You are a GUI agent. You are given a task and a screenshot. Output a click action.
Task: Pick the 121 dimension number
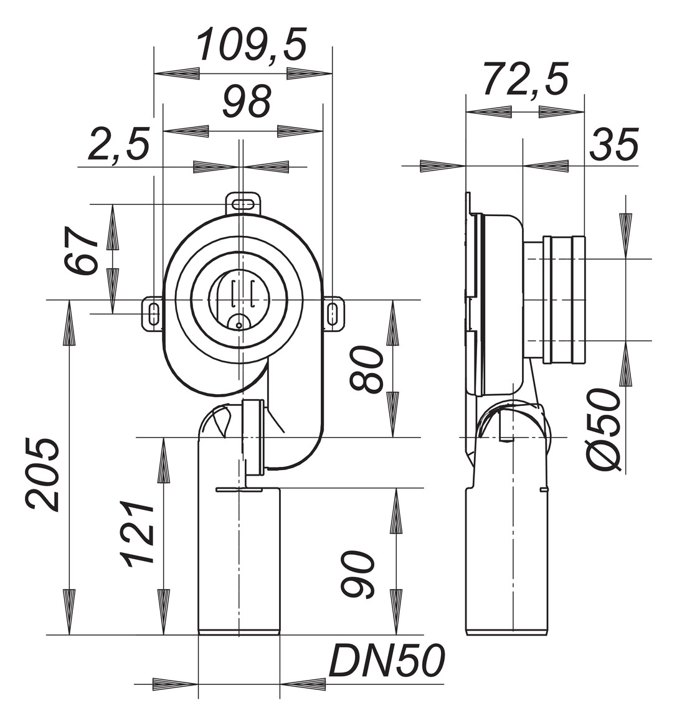click(139, 534)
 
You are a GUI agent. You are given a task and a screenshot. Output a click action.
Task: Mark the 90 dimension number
click(359, 574)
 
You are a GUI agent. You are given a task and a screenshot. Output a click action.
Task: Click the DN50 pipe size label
click(386, 661)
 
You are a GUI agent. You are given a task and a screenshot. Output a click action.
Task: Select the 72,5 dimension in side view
click(526, 80)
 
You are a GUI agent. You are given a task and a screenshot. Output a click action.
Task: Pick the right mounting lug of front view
click(334, 313)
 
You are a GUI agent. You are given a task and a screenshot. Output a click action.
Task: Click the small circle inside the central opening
click(239, 324)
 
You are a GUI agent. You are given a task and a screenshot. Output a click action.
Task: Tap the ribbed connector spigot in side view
click(564, 299)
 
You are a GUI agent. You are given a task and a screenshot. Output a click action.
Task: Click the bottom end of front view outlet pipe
click(239, 633)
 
